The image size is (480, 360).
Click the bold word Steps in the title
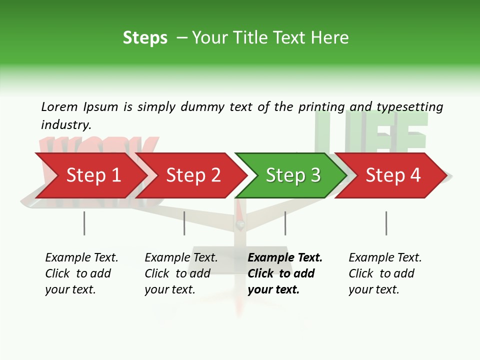click(145, 38)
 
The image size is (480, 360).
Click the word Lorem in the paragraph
click(59, 106)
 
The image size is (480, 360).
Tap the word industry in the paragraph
click(66, 124)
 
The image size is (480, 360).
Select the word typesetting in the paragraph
click(409, 106)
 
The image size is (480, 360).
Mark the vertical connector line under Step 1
click(84, 223)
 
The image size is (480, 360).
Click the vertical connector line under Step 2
click(184, 223)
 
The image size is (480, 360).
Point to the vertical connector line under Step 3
click(285, 223)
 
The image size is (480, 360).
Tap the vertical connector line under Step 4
click(386, 223)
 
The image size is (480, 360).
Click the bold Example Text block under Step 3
click(284, 273)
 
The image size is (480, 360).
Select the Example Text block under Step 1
click(81, 273)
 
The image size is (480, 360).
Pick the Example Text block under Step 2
click(181, 273)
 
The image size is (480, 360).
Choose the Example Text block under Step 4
click(385, 273)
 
